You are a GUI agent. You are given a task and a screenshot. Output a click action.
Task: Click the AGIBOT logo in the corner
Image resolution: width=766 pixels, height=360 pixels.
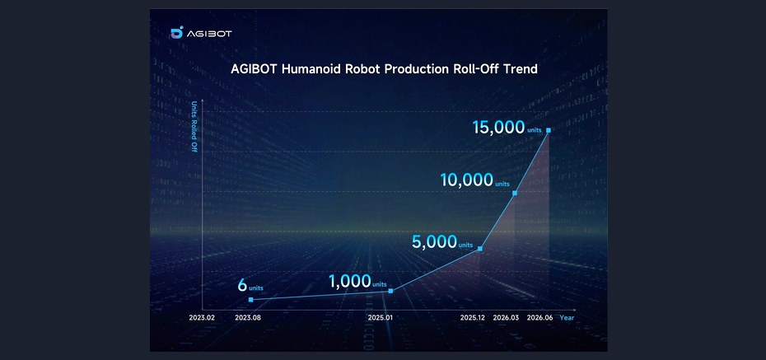[x=201, y=33]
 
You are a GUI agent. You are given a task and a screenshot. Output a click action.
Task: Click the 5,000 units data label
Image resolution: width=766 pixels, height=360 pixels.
[x=442, y=241]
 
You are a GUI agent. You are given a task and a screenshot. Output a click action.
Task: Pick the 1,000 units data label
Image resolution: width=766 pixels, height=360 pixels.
[x=357, y=282]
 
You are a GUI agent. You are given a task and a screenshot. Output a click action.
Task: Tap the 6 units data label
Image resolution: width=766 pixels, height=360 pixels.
[x=250, y=285]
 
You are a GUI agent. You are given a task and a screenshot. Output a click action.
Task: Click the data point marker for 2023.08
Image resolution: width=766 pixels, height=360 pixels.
[x=251, y=299]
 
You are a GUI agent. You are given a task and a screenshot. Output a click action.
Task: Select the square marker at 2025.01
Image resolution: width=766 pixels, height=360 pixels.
[x=390, y=291]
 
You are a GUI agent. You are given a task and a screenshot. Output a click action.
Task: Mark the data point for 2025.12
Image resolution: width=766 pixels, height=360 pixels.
[x=479, y=249]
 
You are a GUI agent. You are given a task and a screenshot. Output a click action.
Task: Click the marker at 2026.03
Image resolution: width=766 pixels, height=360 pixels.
[x=515, y=193]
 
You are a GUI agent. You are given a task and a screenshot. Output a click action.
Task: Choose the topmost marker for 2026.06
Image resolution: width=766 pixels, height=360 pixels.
[x=549, y=130]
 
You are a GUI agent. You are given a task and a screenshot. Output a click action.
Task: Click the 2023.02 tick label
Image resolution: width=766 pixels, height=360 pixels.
[x=203, y=317]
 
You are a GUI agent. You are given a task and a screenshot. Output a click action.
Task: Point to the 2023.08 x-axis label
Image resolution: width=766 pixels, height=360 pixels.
[x=248, y=317]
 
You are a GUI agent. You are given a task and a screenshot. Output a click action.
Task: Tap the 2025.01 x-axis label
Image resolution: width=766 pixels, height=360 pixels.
[x=380, y=317]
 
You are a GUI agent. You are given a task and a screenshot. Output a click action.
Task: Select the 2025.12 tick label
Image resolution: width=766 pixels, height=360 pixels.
[x=474, y=317]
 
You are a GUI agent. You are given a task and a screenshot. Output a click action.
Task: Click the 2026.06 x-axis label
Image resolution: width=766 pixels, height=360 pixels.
[x=539, y=317]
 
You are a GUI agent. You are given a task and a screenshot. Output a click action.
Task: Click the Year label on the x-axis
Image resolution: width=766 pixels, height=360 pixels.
[x=567, y=317]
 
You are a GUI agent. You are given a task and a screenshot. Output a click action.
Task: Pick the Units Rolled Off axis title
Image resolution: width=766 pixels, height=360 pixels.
[x=194, y=127]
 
